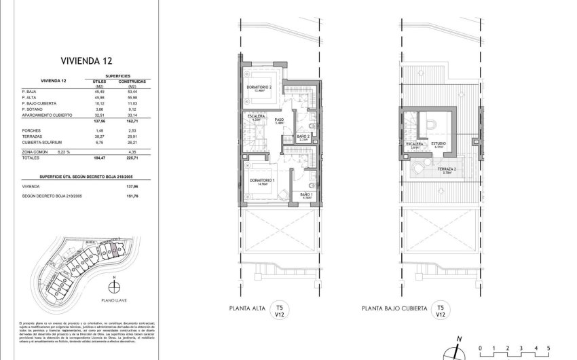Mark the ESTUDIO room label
tap(439, 144)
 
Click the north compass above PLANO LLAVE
tap(115, 278)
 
